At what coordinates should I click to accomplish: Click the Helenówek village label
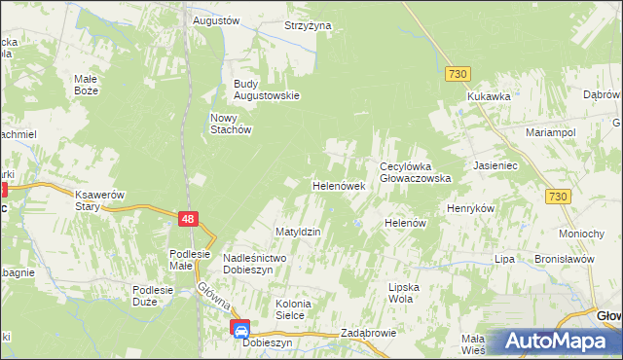point(338,185)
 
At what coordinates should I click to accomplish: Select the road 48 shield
point(190,220)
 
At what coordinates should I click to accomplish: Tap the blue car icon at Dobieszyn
point(239,329)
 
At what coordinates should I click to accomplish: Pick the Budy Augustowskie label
point(265,90)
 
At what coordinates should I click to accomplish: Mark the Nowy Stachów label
point(232,124)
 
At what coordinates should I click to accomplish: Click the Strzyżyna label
point(308,25)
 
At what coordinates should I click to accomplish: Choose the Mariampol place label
point(551,131)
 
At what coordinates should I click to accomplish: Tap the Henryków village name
point(471,209)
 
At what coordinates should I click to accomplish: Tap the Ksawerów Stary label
point(101,200)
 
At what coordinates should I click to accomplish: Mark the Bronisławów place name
point(564,260)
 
